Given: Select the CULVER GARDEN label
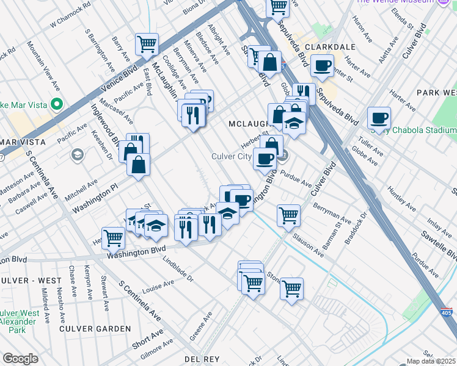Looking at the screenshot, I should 95,329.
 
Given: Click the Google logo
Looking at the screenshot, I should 20,359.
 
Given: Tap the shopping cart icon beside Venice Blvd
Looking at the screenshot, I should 147,44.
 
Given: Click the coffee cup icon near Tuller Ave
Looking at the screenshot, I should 379,118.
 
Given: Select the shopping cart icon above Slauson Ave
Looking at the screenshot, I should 288,215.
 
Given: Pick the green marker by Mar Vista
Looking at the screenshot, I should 57,104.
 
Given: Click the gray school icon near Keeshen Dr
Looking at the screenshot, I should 78,154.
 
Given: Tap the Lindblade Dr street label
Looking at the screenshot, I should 178,269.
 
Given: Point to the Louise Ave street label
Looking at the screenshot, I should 158,286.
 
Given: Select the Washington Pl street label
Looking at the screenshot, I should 94,199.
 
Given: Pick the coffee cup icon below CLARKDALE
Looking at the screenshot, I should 322,66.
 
